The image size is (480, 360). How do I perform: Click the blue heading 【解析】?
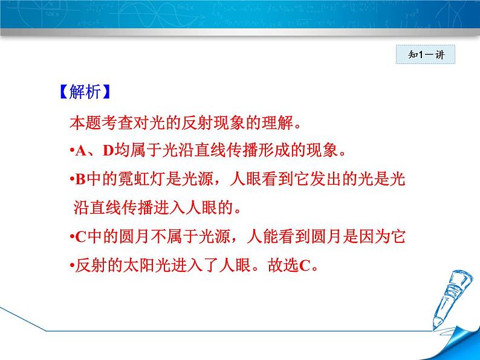pyautogui.click(x=85, y=91)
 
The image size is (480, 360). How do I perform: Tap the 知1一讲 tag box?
pyautogui.click(x=426, y=54)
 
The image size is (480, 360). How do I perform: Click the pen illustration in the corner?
pyautogui.click(x=449, y=298)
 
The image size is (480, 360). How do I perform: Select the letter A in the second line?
pyautogui.click(x=81, y=150)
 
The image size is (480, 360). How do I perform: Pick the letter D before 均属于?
pyautogui.click(x=108, y=150)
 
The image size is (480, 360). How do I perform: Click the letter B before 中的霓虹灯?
pyautogui.click(x=80, y=179)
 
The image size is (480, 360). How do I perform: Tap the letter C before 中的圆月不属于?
pyautogui.click(x=80, y=237)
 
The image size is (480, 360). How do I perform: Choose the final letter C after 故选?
pyautogui.click(x=305, y=266)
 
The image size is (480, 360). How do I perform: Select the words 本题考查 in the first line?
pyautogui.click(x=102, y=123)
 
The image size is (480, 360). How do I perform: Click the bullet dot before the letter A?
pyautogui.click(x=73, y=150)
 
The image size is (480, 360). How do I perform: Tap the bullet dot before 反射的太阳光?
pyautogui.click(x=73, y=266)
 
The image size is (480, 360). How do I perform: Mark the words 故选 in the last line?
pyautogui.click(x=283, y=265)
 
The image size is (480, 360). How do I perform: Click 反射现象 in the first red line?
pyautogui.click(x=213, y=123)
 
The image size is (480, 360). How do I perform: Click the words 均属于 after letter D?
pyautogui.click(x=138, y=150)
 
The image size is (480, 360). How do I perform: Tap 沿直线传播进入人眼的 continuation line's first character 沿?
pyautogui.click(x=81, y=208)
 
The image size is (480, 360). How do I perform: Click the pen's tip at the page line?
pyautogui.click(x=434, y=329)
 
